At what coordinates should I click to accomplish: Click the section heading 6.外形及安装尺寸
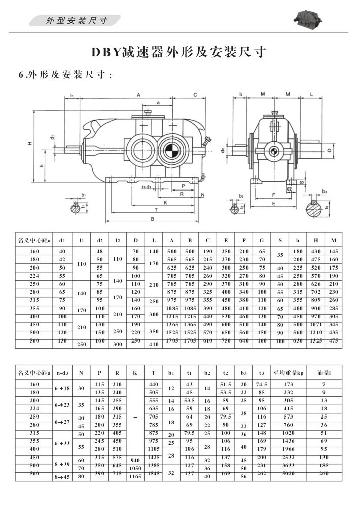click(65, 75)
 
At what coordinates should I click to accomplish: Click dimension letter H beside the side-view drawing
click(30, 144)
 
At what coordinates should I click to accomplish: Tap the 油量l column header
click(323, 373)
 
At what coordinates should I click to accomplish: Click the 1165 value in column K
click(134, 476)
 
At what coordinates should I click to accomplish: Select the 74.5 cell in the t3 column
click(262, 384)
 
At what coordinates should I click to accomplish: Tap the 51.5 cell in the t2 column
click(226, 384)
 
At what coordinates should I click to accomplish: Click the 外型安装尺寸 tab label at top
click(76, 21)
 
